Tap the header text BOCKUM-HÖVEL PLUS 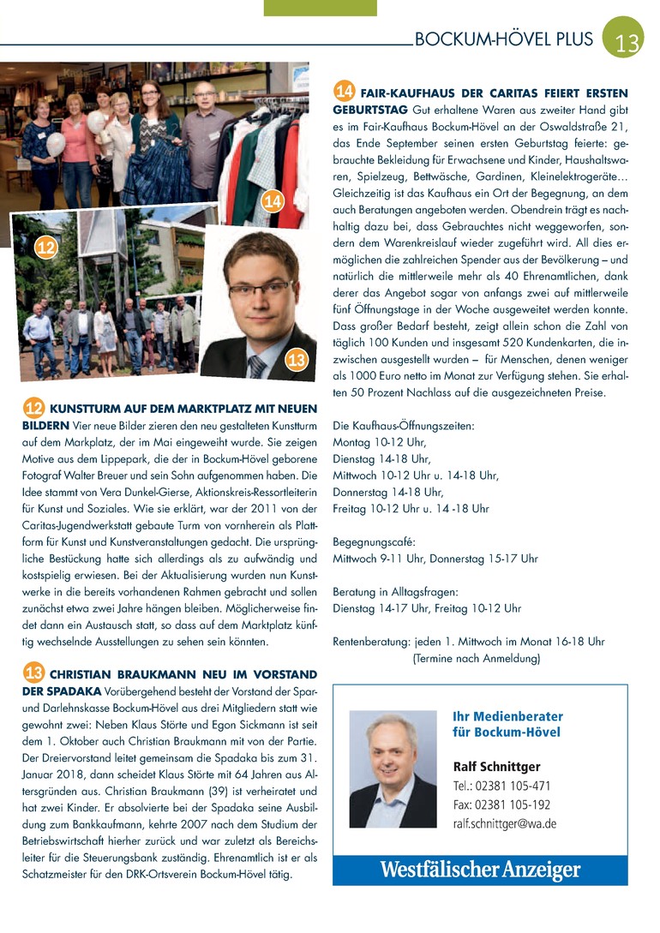pyautogui.click(x=503, y=39)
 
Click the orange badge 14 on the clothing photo pyautogui.click(x=273, y=202)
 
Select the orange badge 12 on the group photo pyautogui.click(x=46, y=248)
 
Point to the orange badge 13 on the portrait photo pyautogui.click(x=297, y=360)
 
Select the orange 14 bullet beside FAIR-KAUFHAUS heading pyautogui.click(x=345, y=92)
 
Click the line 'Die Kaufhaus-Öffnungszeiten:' pyautogui.click(x=403, y=426)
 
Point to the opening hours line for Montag pyautogui.click(x=379, y=442)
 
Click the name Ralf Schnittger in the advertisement pyautogui.click(x=496, y=766)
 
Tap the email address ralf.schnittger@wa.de pyautogui.click(x=505, y=823)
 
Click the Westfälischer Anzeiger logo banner pyautogui.click(x=480, y=870)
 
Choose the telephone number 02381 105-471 pyautogui.click(x=513, y=786)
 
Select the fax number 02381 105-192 pyautogui.click(x=513, y=804)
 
